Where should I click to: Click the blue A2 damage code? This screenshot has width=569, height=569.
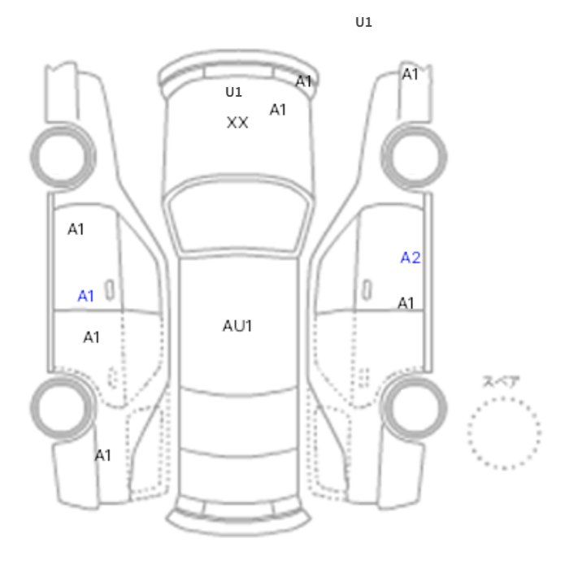410,258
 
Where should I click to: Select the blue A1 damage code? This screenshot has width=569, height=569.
85,296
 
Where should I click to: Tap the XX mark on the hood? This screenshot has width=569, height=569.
237,123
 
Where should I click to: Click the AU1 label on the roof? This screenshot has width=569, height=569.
237,326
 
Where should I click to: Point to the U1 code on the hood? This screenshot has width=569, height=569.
234,92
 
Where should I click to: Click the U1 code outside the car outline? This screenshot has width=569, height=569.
363,22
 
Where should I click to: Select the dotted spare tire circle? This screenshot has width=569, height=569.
504,433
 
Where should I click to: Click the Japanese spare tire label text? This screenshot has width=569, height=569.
502,382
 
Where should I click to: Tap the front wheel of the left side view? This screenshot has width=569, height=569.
63,157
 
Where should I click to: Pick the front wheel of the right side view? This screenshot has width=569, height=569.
414,157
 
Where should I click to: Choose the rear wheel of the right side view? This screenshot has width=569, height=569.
414,407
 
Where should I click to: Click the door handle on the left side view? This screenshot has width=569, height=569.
109,290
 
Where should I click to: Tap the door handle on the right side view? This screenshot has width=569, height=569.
367,290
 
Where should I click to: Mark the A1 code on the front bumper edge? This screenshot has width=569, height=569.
303,81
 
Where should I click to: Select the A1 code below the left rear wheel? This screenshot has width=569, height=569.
102,455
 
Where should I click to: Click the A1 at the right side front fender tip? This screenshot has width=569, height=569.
410,74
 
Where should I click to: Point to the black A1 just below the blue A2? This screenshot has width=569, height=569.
406,303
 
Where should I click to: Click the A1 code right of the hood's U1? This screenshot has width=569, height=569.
278,110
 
